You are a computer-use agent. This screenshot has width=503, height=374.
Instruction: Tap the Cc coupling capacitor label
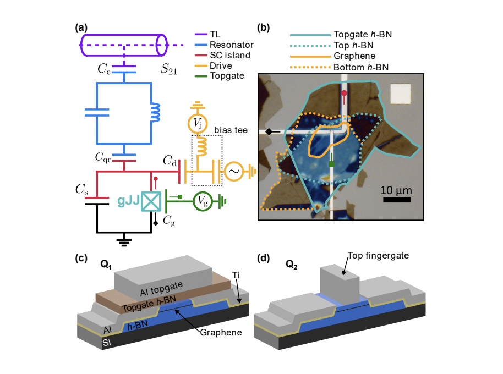click(x=105, y=69)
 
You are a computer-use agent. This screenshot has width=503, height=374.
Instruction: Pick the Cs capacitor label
click(x=81, y=190)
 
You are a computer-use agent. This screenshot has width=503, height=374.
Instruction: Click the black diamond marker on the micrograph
click(x=269, y=132)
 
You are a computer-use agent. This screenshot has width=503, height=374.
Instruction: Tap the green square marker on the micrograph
click(x=331, y=164)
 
